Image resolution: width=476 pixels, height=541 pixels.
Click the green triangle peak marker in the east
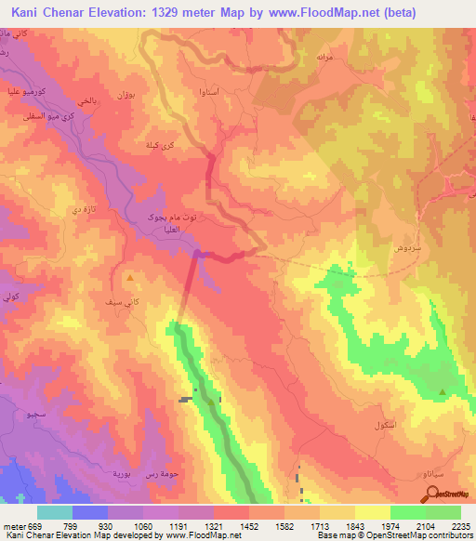tap(441, 392)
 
